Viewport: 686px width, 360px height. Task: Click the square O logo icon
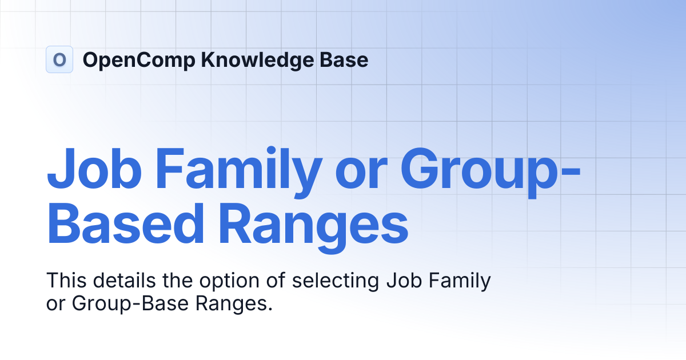(59, 59)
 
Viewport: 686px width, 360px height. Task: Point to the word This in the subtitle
(65, 281)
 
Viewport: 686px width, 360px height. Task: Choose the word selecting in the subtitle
(336, 281)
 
